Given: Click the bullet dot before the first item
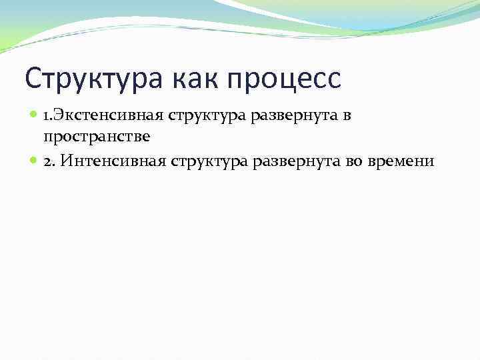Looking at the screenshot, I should [x=34, y=116].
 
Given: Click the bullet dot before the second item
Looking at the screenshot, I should [x=34, y=161].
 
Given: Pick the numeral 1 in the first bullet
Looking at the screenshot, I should [x=46, y=116].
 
